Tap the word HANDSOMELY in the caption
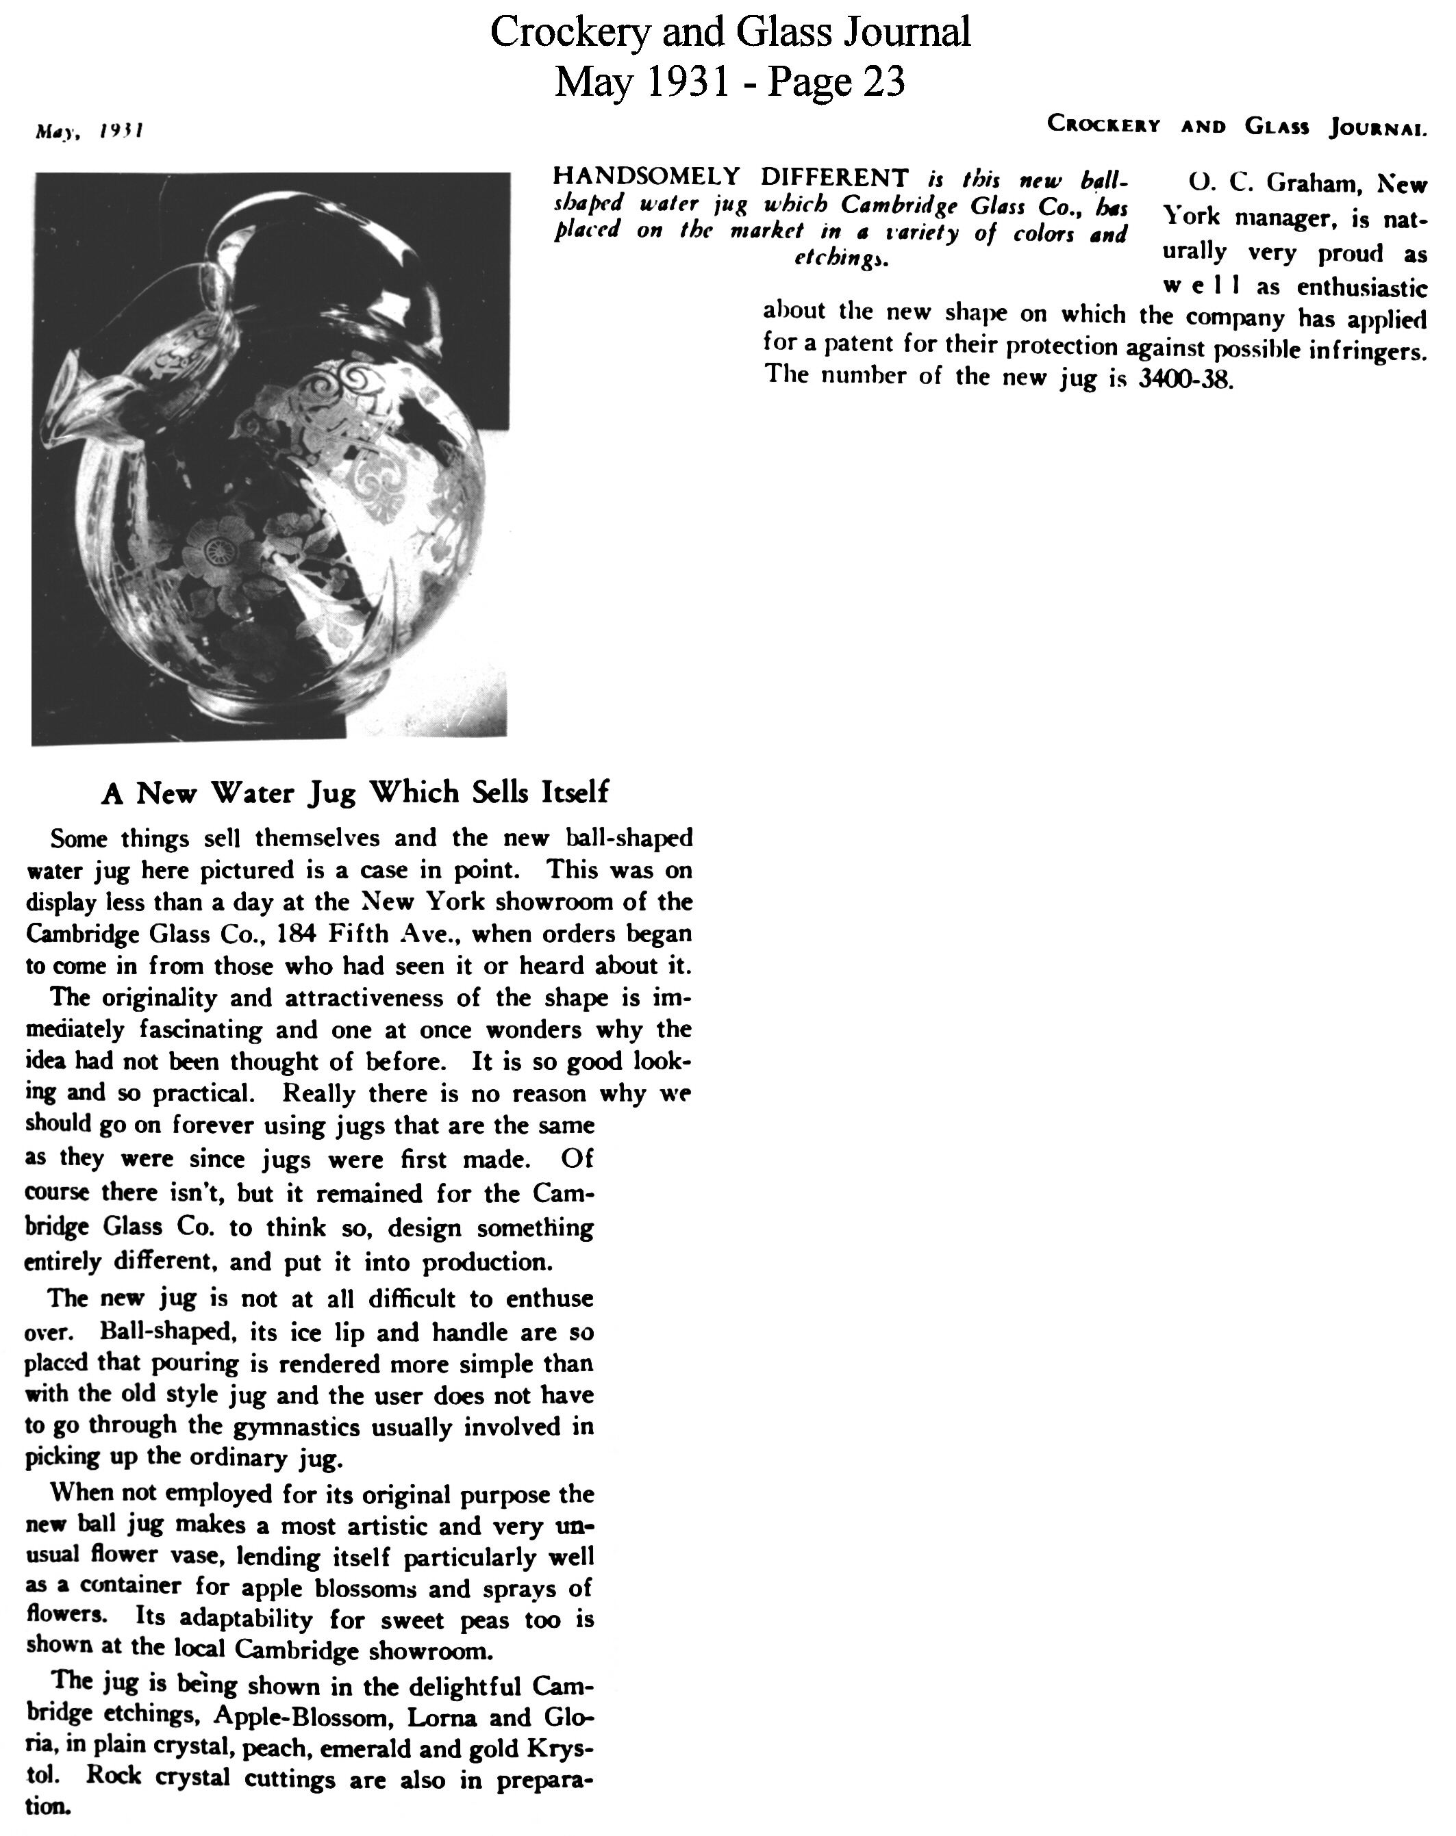647,177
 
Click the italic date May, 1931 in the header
88,131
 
